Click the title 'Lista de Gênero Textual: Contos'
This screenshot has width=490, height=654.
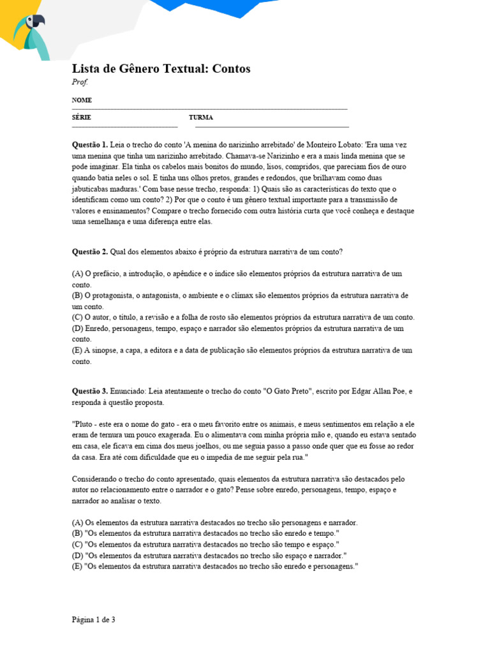(x=161, y=69)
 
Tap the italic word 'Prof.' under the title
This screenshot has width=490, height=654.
(x=80, y=82)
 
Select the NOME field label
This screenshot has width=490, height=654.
(x=82, y=100)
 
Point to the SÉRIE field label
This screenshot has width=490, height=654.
(x=81, y=118)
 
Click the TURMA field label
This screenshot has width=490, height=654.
(x=200, y=118)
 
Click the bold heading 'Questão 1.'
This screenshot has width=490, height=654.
(x=90, y=145)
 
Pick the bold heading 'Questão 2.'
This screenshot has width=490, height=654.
(x=90, y=251)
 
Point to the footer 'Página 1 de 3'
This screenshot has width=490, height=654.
(x=93, y=620)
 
